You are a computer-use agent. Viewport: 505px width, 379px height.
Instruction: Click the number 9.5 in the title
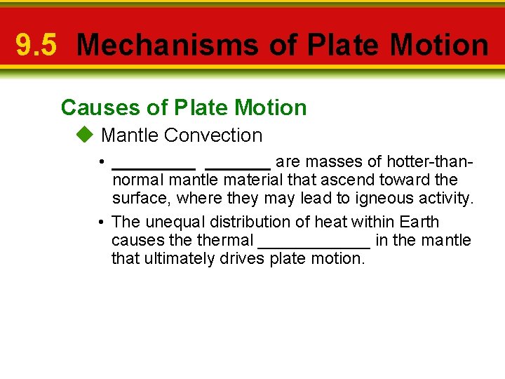(x=36, y=46)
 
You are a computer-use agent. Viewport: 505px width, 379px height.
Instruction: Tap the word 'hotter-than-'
(x=430, y=162)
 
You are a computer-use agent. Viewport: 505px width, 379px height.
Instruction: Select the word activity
(x=446, y=199)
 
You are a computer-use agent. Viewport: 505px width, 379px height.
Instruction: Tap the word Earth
(x=419, y=222)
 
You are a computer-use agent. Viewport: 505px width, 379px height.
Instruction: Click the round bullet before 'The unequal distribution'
(x=102, y=222)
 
